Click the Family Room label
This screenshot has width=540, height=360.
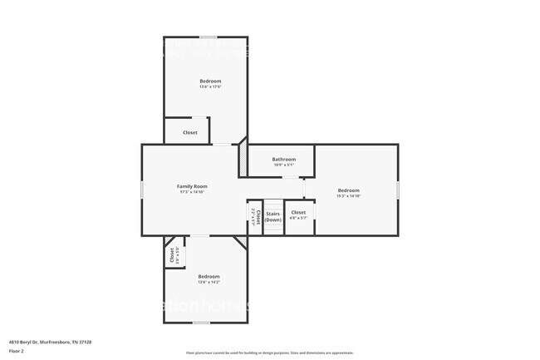[192, 186]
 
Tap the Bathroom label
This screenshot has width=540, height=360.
[284, 159]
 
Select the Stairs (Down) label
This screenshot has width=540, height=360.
[273, 216]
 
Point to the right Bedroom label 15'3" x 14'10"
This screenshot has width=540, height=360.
[348, 190]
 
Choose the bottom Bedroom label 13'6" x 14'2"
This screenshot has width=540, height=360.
[209, 276]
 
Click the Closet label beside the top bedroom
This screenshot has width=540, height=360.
[190, 133]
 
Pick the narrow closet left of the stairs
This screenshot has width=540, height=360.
[258, 216]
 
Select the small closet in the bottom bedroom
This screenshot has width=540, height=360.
[172, 256]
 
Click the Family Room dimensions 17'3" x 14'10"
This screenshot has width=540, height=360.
[192, 192]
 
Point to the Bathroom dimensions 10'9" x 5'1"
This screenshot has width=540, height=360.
[284, 165]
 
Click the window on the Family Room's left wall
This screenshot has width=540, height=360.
[141, 190]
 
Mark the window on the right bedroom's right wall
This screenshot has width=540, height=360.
[398, 190]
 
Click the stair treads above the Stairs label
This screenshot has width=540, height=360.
[273, 205]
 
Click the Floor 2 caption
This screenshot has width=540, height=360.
[17, 352]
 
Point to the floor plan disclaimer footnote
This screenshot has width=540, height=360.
[270, 353]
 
